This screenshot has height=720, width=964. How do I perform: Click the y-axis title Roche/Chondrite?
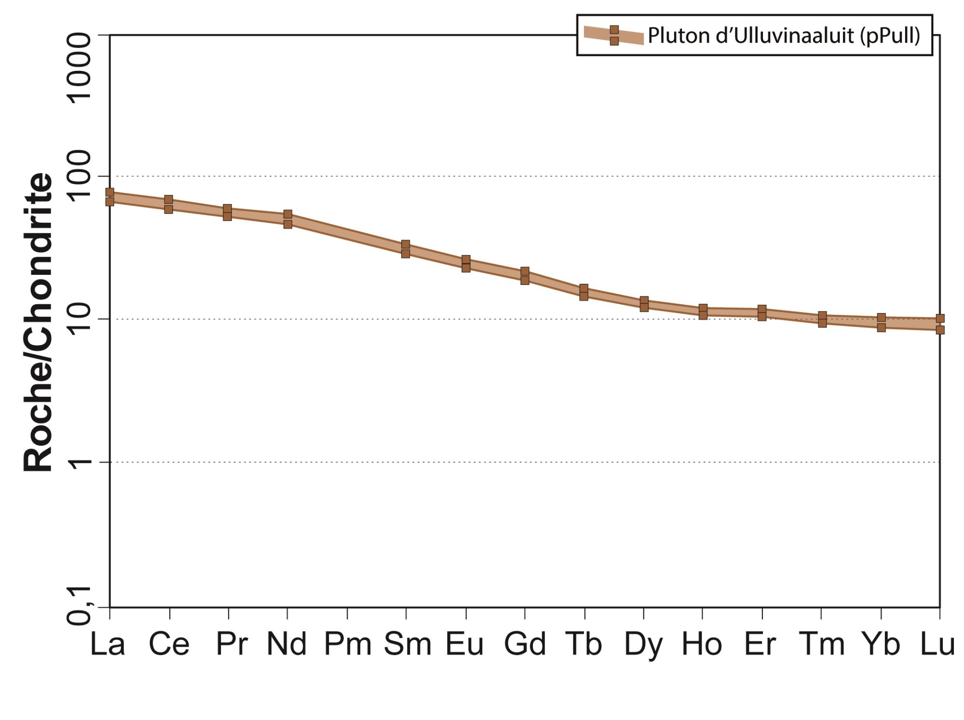(38, 322)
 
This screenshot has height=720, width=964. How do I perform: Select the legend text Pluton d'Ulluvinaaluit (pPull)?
(784, 36)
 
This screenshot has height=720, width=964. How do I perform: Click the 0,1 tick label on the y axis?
(79, 607)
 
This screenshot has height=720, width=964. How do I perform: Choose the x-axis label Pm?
(347, 644)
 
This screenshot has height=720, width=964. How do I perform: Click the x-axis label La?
(108, 644)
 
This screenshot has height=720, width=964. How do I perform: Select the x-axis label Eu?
(464, 644)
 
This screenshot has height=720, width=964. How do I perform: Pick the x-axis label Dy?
(643, 644)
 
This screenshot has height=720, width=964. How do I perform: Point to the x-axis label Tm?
(822, 644)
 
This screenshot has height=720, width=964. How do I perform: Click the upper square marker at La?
(109, 193)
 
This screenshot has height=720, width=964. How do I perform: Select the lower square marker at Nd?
(287, 224)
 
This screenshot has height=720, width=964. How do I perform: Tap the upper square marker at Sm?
(406, 245)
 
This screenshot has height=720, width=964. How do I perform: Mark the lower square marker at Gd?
(525, 280)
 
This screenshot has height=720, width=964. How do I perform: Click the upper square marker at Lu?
(940, 318)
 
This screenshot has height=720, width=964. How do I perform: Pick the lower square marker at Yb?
(881, 327)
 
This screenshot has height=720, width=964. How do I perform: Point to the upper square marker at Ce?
(168, 200)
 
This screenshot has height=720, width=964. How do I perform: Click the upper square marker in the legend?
(614, 30)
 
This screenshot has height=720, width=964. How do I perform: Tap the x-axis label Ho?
(702, 644)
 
